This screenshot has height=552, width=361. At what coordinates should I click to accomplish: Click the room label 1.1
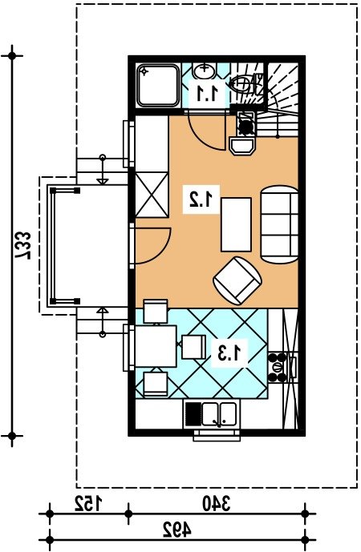pos(207,94)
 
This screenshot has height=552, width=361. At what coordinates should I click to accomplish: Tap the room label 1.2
pos(201,199)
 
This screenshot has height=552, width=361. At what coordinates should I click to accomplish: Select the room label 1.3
pos(230,353)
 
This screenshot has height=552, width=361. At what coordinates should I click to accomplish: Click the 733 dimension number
pos(22,245)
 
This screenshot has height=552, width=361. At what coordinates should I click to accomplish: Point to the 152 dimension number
pos(87,503)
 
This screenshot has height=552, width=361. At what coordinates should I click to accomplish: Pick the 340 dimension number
pos(216,503)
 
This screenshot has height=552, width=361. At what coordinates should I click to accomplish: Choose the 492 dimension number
pos(177,530)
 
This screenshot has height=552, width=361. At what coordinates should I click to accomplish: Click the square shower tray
pos(158,85)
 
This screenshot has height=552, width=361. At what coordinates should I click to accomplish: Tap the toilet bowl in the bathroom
pos(242,83)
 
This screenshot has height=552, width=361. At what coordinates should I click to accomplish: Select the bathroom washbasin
pos(204,72)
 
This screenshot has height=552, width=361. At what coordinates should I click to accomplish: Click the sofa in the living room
pos(279,224)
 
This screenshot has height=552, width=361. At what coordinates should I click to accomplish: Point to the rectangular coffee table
pos(236,224)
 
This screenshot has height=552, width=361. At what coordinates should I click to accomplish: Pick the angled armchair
pos(237,280)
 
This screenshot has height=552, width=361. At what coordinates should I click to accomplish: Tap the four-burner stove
pos(278,368)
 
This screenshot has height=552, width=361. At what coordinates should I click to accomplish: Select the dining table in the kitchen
pos(156,346)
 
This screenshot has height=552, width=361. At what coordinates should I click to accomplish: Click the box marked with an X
pos(152,195)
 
